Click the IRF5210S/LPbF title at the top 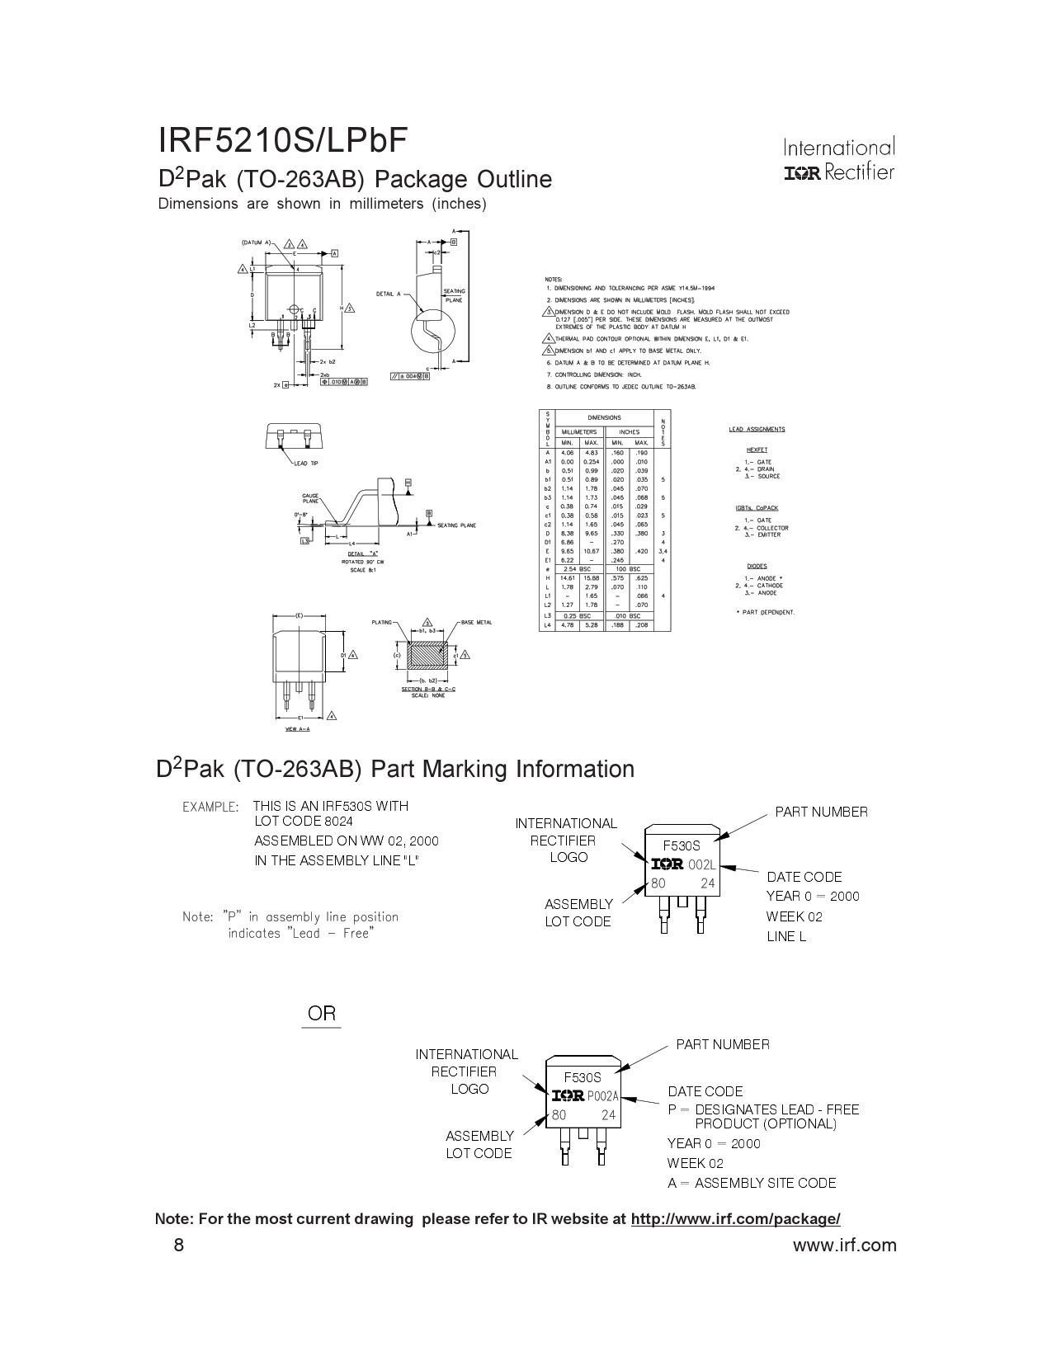point(282,141)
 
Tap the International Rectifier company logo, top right point(838,160)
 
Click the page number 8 point(179,1245)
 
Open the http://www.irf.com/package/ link point(735,1219)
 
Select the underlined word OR point(322,1014)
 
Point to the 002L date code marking point(701,864)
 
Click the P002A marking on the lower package point(601,1096)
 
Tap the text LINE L point(785,936)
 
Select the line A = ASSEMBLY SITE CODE point(752,1183)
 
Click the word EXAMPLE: point(210,807)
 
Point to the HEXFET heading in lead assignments point(757,450)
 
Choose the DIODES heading point(757,566)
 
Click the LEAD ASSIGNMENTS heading point(757,429)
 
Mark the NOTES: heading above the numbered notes point(554,280)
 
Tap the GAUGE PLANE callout point(310,499)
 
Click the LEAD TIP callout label point(305,464)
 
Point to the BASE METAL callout point(476,622)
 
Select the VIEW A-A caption point(297,729)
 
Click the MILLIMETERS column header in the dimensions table point(579,431)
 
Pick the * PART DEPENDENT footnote point(765,612)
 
